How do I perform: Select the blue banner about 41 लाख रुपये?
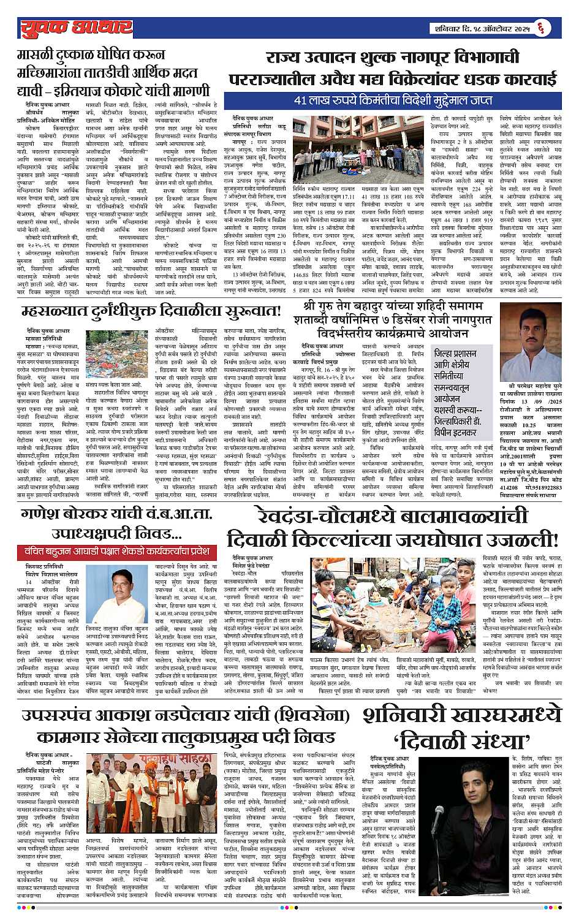pyautogui.click(x=393, y=100)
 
